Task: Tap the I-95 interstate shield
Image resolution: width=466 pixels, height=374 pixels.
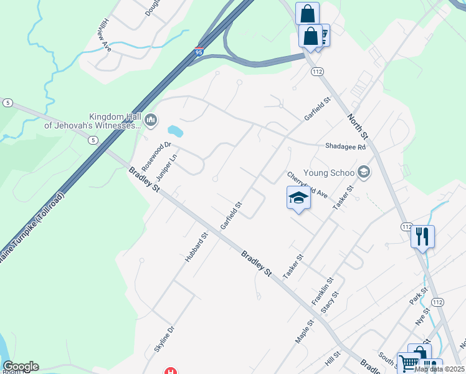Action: [199, 52]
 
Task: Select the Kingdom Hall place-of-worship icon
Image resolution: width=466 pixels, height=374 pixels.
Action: [151, 119]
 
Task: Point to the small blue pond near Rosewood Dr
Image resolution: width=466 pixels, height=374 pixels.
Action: [176, 132]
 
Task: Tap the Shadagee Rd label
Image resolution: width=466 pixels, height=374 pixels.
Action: [345, 146]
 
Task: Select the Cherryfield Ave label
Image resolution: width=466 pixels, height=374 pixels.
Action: [307, 185]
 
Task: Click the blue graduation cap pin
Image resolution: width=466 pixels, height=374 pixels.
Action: [299, 198]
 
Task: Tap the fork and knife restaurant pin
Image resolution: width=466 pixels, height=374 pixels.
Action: [422, 236]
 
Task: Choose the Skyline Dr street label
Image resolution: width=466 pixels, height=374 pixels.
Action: [166, 338]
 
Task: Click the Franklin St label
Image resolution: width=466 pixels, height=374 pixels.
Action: [323, 291]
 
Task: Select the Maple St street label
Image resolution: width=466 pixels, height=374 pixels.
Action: [303, 330]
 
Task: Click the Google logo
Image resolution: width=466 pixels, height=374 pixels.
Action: [21, 367]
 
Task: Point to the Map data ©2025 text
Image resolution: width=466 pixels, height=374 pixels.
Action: [439, 369]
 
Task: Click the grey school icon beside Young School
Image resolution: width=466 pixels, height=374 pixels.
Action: [364, 173]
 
